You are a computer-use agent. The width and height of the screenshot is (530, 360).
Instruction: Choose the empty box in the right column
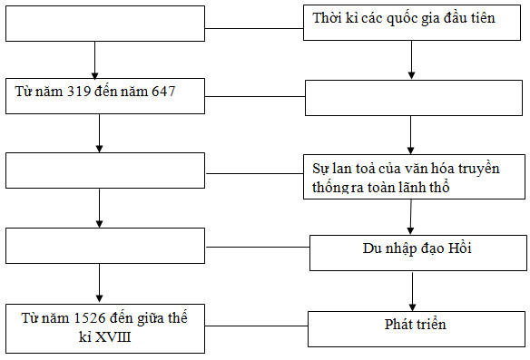[x=413, y=98]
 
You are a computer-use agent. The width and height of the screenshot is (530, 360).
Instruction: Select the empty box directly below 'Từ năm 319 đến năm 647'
[x=105, y=170]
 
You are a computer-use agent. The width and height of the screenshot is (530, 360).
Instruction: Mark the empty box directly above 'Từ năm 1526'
[x=105, y=245]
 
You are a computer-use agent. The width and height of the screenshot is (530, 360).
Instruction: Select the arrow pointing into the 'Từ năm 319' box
[x=95, y=62]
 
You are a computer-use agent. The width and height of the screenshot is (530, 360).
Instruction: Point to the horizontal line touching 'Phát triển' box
[x=257, y=321]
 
